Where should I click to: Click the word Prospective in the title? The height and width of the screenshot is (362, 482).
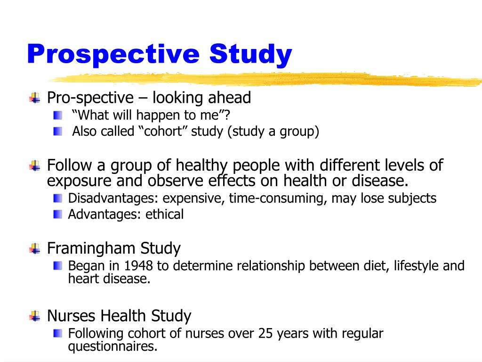point(113,55)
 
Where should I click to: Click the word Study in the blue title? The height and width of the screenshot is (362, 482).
point(251,55)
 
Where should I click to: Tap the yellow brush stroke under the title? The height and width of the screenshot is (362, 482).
point(264,80)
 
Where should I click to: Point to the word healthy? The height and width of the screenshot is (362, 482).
point(201,165)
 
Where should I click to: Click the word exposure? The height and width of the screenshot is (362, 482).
point(78,181)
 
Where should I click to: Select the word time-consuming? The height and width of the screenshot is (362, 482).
point(278,198)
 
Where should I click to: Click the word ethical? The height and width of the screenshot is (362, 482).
point(164,214)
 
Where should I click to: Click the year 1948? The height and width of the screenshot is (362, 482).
point(138,266)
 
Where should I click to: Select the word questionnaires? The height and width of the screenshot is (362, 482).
point(112,347)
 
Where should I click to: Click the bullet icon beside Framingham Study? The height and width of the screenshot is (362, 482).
point(35,248)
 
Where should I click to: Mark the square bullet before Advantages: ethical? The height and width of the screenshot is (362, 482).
point(57,214)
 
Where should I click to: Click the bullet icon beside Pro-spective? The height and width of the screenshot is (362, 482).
point(35,98)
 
